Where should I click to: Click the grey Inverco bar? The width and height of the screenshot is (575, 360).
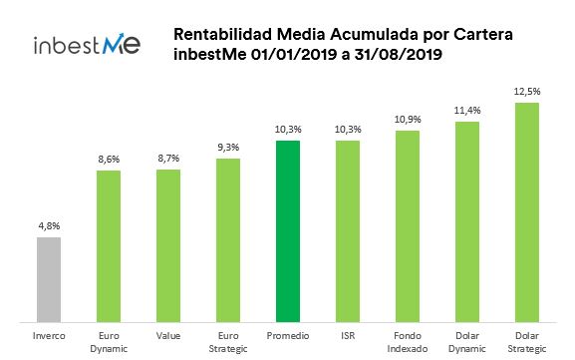click(49, 279)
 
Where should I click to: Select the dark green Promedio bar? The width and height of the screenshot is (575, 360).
click(288, 230)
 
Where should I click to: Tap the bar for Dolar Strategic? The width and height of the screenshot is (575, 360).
click(526, 211)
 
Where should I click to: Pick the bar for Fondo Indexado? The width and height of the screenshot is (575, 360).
click(408, 225)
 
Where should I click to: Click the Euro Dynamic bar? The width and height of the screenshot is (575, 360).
click(109, 245)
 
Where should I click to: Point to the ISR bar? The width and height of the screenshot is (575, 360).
click(348, 230)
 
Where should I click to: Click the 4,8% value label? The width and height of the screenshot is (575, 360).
click(49, 226)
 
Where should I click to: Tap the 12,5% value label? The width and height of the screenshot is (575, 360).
click(526, 92)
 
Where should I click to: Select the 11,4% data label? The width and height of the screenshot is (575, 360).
click(467, 112)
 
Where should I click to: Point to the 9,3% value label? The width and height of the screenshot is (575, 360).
click(228, 149)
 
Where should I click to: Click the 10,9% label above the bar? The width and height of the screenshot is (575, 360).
click(408, 120)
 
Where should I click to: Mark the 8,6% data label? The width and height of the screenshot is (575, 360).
click(109, 160)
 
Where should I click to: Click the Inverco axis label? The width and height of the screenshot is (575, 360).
click(49, 336)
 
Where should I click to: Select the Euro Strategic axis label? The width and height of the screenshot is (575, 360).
click(228, 342)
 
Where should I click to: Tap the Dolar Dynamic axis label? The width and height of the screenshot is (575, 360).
click(467, 342)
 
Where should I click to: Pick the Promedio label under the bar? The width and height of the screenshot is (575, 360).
click(288, 336)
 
